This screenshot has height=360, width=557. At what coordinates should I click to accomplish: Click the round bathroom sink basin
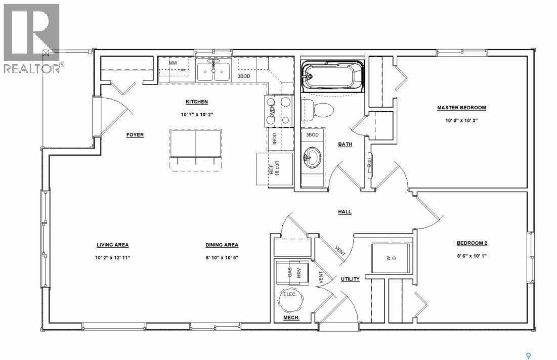(312, 158)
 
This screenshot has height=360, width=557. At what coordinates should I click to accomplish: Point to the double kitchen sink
(213, 71)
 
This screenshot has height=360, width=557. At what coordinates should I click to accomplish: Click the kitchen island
(196, 143)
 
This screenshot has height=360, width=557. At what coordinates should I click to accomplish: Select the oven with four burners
(279, 110)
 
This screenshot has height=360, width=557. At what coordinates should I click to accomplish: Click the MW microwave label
(173, 63)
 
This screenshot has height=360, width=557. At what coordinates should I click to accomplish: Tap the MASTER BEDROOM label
(461, 108)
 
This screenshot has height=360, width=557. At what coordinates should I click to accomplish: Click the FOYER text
(135, 135)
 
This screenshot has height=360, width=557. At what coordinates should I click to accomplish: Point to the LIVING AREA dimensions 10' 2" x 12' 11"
(112, 257)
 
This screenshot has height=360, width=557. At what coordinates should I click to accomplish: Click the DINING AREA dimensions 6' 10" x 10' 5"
(222, 257)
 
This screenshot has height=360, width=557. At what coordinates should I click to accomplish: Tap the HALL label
(345, 212)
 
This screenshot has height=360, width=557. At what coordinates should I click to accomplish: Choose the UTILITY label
(350, 279)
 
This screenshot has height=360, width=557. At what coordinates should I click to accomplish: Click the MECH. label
(291, 318)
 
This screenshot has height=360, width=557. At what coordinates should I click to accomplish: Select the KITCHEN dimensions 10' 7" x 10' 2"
(197, 114)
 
